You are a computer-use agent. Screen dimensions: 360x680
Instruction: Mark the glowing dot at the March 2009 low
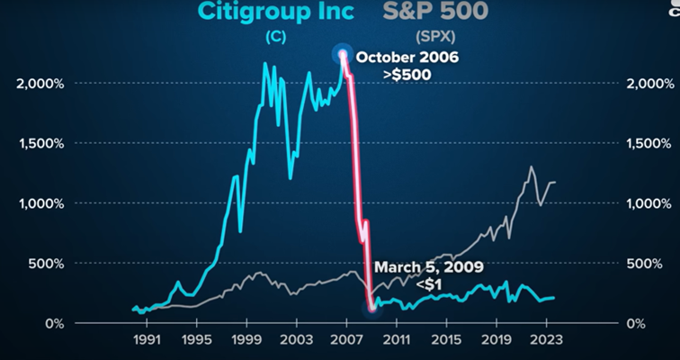pos(372,308)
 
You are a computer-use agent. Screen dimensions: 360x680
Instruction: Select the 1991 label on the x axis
pos(147,342)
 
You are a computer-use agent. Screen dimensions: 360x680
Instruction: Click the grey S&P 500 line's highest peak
pos(532,166)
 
